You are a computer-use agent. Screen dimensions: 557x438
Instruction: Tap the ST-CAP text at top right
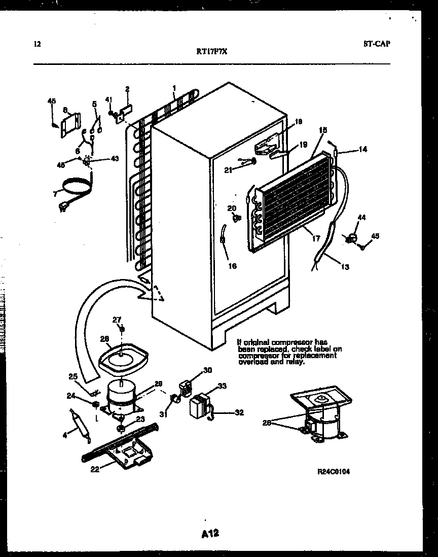pos(377,44)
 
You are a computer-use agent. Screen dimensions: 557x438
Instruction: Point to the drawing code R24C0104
pos(333,471)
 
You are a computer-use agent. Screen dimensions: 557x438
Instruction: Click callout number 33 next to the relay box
pos(222,387)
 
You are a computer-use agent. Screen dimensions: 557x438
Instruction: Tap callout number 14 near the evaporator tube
pos(362,149)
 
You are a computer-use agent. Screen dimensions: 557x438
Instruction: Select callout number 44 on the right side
pos(361,218)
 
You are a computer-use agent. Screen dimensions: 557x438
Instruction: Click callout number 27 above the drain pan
pos(117,320)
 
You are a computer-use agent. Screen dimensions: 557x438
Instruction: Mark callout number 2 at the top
pos(127,89)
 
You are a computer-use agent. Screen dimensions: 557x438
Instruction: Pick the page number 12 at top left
pos(36,44)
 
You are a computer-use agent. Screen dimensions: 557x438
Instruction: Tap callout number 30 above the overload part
pos(207,370)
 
